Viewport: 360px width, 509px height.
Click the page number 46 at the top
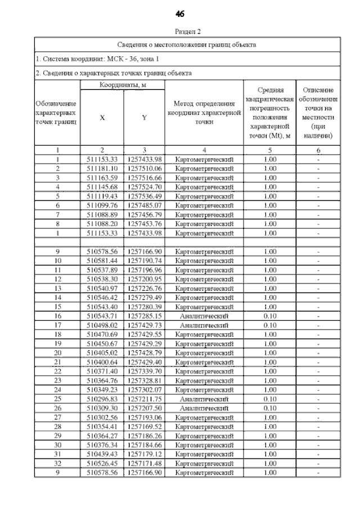181,13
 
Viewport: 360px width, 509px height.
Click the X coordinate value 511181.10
102,169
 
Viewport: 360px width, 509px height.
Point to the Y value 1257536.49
145,196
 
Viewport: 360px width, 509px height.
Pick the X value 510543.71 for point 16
102,316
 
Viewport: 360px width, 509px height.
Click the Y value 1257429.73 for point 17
145,325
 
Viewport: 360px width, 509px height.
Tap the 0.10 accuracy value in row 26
270,408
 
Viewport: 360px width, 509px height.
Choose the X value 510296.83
102,398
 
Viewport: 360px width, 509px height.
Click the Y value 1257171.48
145,463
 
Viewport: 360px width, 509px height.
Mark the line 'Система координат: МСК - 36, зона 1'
91,58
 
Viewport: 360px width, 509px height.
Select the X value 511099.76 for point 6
102,205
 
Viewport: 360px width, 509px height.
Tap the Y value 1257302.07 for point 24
145,389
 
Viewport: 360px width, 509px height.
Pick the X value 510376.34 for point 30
102,444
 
